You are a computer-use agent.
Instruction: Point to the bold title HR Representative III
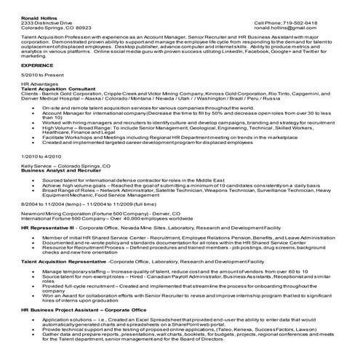49,226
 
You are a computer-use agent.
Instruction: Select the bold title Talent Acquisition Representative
63,260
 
